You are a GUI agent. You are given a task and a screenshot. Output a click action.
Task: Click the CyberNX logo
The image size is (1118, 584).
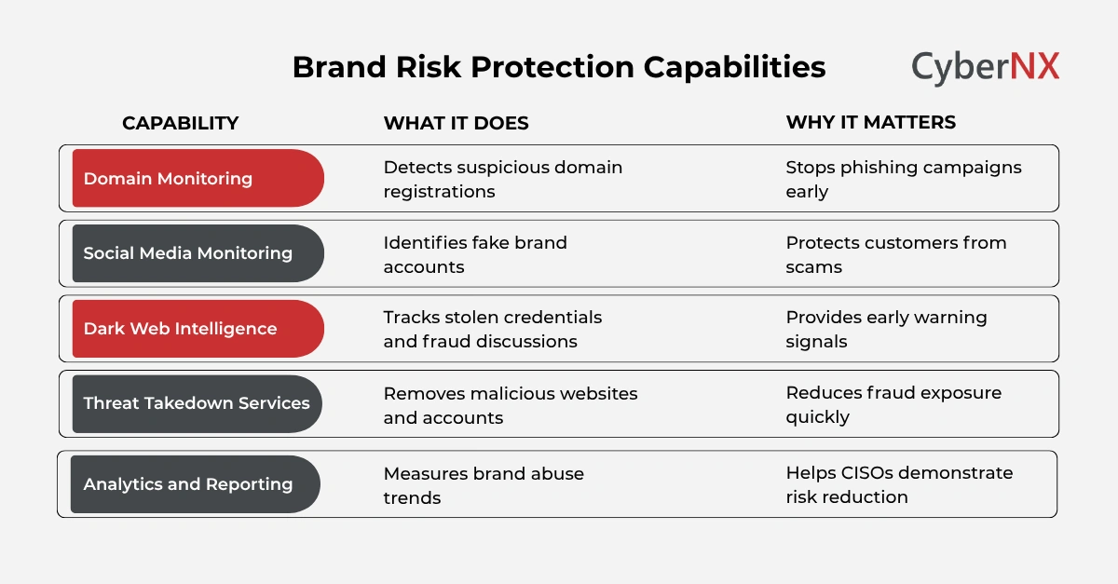[x=985, y=68]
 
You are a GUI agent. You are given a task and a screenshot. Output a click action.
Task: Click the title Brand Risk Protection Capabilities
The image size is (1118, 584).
[x=558, y=68]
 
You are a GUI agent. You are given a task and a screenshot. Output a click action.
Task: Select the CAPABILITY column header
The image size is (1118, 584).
[x=181, y=123]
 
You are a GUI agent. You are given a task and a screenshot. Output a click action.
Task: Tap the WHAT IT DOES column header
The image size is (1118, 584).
[x=456, y=123]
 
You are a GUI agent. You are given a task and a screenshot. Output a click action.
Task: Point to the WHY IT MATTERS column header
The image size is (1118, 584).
[x=870, y=123]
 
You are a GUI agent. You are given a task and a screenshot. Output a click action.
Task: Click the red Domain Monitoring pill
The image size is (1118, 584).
[x=198, y=178]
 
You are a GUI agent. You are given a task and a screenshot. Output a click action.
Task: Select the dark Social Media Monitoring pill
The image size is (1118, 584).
[x=198, y=253]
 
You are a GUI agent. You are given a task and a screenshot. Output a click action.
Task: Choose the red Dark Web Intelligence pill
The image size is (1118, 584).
[x=198, y=329]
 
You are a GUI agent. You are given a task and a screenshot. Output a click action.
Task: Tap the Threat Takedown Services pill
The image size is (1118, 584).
[x=198, y=403]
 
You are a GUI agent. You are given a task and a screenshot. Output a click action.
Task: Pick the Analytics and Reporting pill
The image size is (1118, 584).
[x=196, y=484]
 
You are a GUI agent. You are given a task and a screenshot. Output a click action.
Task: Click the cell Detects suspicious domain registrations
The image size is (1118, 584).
[x=502, y=179]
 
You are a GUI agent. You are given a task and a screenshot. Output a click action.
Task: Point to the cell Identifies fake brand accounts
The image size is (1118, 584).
[x=475, y=254]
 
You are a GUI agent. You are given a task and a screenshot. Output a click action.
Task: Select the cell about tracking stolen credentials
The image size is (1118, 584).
[x=492, y=329]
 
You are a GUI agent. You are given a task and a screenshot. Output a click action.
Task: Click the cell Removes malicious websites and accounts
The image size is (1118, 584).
[x=510, y=405]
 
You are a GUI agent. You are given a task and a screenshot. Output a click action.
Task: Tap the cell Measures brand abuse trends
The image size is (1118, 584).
[x=484, y=484]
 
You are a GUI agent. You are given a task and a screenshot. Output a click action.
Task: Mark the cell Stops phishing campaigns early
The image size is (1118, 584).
[x=903, y=179]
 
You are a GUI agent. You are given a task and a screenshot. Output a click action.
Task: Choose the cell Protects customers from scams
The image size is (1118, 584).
[x=895, y=254]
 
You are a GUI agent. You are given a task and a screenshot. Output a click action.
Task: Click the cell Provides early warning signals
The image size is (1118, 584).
[x=886, y=329]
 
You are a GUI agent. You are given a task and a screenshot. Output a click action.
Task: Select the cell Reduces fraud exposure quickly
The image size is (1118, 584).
[x=893, y=405]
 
